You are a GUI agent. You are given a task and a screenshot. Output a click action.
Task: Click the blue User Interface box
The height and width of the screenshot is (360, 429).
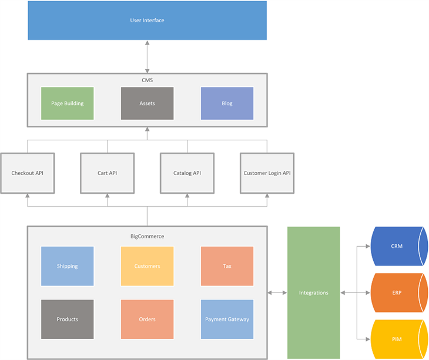(x=147, y=21)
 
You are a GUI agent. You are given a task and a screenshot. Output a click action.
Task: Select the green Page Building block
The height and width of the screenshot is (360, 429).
(x=67, y=103)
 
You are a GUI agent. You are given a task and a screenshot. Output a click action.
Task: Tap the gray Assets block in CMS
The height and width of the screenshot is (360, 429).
(x=147, y=103)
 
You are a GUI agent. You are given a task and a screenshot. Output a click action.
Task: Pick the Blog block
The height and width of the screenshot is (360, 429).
(x=227, y=103)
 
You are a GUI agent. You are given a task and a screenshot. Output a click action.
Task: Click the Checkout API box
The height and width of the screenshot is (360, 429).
(x=28, y=173)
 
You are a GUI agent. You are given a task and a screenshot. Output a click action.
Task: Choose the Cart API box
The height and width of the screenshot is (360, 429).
(x=107, y=173)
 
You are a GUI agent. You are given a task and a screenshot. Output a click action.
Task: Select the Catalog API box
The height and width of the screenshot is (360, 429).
(x=187, y=173)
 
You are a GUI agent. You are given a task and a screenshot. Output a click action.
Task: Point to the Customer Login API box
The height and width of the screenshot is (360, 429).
(x=267, y=173)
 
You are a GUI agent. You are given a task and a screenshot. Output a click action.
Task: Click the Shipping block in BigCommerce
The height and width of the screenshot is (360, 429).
(x=67, y=266)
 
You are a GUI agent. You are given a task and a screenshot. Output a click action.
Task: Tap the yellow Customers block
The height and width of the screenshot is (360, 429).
(x=147, y=266)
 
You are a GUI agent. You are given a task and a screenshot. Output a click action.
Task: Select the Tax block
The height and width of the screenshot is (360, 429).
(x=227, y=266)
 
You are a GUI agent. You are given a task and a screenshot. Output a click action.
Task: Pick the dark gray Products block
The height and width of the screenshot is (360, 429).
(x=67, y=319)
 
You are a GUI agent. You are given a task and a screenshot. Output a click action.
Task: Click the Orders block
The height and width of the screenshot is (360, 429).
(x=147, y=319)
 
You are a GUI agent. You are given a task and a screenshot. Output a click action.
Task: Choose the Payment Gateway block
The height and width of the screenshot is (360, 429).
(x=227, y=319)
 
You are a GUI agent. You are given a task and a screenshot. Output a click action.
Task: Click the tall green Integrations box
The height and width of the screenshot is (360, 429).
(x=313, y=292)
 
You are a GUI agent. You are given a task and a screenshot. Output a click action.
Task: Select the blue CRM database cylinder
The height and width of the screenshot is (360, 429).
(x=397, y=246)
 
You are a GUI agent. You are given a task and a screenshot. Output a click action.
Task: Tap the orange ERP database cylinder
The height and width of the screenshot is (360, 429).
(x=397, y=292)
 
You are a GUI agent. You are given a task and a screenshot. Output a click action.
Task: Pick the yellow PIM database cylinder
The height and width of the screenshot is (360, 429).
(x=397, y=339)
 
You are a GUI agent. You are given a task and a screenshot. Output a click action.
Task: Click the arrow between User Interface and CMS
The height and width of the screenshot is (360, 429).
(x=147, y=56)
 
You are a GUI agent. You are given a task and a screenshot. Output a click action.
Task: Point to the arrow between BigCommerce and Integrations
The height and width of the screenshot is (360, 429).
(x=277, y=292)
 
